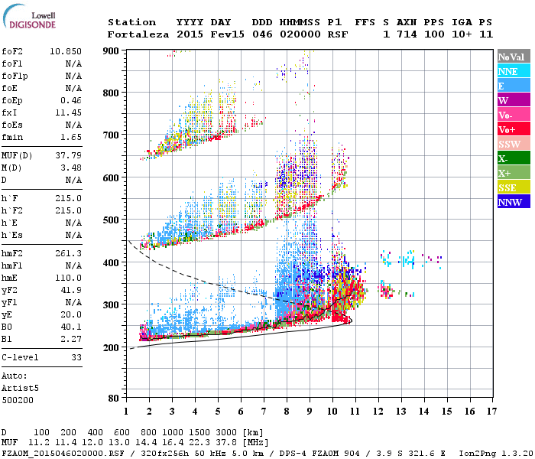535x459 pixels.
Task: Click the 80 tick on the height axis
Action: pyautogui.click(x=115, y=399)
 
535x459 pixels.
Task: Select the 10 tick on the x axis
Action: pyautogui.click(x=332, y=411)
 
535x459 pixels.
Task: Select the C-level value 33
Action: pyautogui.click(x=76, y=357)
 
